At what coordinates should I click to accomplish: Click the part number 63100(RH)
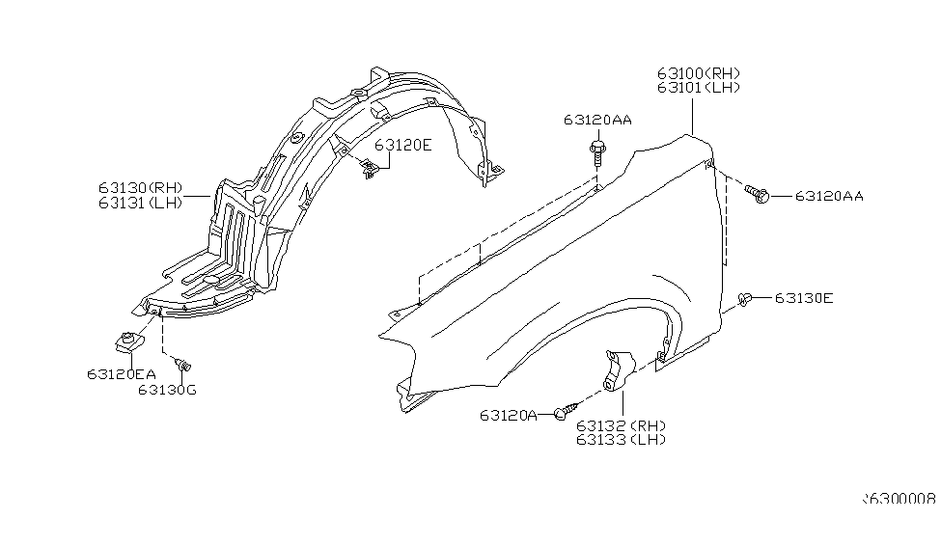(700, 73)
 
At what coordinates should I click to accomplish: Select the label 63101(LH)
(700, 88)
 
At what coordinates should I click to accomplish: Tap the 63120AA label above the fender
(598, 121)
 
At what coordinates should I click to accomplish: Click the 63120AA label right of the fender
(829, 196)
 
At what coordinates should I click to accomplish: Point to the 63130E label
(803, 298)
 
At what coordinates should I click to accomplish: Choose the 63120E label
(403, 146)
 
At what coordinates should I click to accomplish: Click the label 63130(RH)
(139, 188)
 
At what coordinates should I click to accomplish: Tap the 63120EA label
(121, 373)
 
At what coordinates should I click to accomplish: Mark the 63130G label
(166, 390)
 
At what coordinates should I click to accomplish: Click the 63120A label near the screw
(508, 416)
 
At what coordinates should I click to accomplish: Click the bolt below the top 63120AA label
(597, 151)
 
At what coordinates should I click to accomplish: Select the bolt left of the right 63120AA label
(756, 194)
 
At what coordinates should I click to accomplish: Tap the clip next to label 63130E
(745, 300)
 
